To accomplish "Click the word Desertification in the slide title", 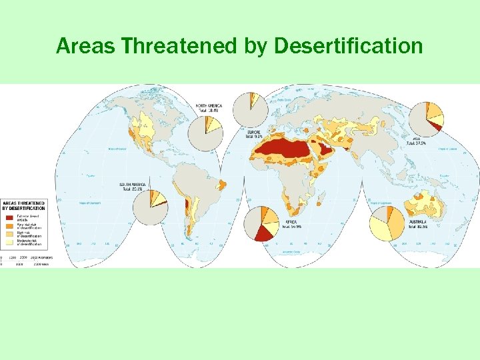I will [349, 46].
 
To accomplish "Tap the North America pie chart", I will [205, 133].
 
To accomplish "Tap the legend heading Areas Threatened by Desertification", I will [23, 205].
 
